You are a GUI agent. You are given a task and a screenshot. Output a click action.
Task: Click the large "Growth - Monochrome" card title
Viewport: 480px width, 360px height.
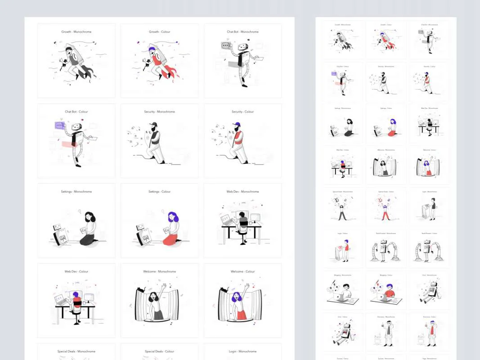click(x=76, y=32)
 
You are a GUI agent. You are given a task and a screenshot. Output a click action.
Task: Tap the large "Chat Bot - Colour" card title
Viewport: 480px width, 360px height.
click(x=76, y=112)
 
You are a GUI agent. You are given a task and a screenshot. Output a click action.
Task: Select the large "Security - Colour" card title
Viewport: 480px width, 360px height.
click(x=242, y=112)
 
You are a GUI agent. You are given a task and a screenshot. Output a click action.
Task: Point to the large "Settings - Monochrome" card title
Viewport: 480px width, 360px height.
click(x=76, y=192)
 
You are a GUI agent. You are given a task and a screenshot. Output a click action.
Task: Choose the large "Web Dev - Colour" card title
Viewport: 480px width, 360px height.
click(x=76, y=271)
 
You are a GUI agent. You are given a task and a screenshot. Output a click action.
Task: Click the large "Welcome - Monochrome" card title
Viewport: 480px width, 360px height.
click(x=160, y=271)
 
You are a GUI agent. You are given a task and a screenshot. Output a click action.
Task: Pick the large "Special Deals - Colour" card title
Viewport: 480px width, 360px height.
click(x=160, y=351)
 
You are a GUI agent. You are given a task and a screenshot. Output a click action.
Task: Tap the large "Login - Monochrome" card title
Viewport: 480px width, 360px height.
click(x=242, y=351)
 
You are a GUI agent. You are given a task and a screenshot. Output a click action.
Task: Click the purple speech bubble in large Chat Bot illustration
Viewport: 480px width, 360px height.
click(x=60, y=126)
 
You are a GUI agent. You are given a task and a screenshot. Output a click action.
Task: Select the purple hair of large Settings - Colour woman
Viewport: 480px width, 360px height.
click(x=173, y=217)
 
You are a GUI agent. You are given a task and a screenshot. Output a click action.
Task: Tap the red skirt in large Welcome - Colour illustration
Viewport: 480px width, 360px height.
click(x=241, y=315)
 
